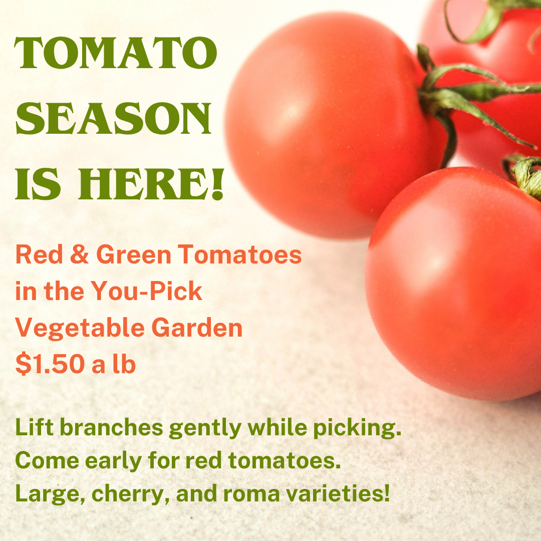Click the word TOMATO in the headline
click(116, 53)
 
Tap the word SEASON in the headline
click(114, 118)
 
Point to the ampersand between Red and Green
click(79, 254)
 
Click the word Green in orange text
click(134, 254)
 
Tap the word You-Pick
click(147, 291)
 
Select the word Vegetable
click(80, 328)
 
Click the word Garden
click(197, 327)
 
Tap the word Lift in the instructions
click(34, 427)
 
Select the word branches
click(111, 427)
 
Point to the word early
click(113, 462)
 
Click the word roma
click(251, 494)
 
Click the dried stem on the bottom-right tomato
click(524, 177)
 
